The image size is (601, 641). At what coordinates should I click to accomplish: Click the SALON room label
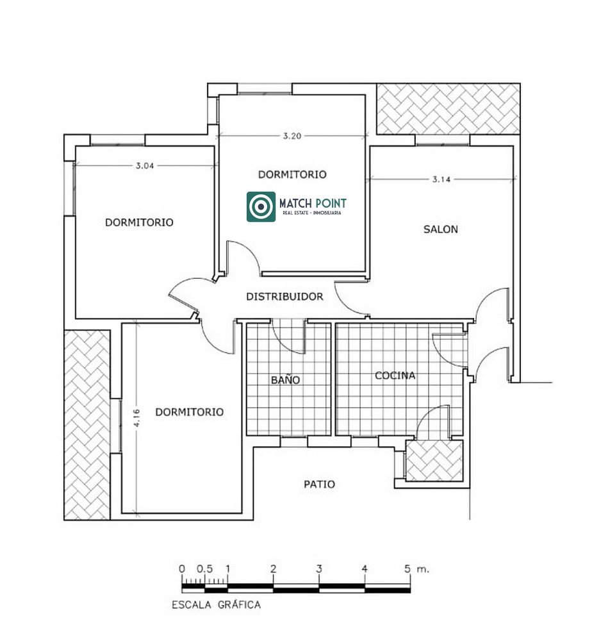[x=440, y=229]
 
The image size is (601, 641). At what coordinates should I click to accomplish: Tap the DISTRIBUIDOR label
[x=284, y=296]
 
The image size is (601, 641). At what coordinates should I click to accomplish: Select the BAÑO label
[x=286, y=379]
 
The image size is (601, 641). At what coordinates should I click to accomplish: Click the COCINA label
[x=395, y=375]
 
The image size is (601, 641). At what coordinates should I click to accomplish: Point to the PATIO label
[x=320, y=485]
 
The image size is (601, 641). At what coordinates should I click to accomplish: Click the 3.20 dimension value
[x=292, y=136]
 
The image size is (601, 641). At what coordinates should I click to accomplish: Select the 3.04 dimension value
[x=145, y=165]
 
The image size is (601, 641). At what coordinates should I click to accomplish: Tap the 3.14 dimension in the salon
[x=441, y=179]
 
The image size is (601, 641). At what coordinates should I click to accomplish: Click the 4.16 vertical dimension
[x=137, y=418]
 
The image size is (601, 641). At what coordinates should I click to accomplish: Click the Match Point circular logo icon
[x=261, y=207]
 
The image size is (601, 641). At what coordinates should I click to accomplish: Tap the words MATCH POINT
[x=313, y=203]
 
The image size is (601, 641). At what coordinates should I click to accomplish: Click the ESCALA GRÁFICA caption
[x=216, y=604]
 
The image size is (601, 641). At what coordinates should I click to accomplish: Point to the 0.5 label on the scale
[x=204, y=569]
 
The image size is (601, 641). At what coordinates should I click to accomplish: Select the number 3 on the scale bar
[x=319, y=569]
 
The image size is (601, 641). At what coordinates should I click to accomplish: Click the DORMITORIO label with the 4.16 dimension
[x=190, y=412]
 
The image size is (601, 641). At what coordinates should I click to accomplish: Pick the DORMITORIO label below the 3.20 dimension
[x=292, y=174]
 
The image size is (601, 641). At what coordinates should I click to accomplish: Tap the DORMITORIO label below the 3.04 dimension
[x=139, y=222]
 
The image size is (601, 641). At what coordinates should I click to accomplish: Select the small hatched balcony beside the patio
[x=434, y=460]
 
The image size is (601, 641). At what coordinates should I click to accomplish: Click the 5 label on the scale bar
[x=408, y=569]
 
